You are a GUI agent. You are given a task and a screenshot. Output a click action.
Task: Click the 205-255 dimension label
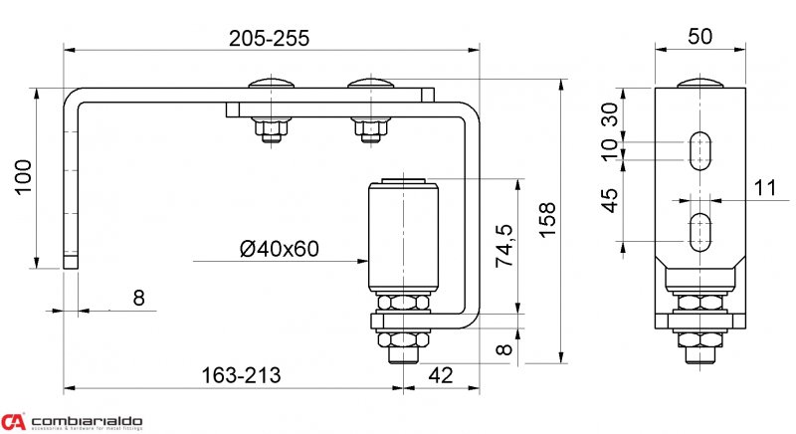269,38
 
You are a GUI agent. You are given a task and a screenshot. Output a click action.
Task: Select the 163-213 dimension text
241,375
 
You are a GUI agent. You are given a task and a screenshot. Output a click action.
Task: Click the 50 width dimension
699,37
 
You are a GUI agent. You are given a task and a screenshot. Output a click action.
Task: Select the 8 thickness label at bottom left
138,297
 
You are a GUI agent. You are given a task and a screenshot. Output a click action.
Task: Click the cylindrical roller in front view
402,234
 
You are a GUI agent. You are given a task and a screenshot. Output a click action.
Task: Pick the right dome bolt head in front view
370,83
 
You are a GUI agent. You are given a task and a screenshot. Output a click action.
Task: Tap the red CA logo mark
13,422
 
